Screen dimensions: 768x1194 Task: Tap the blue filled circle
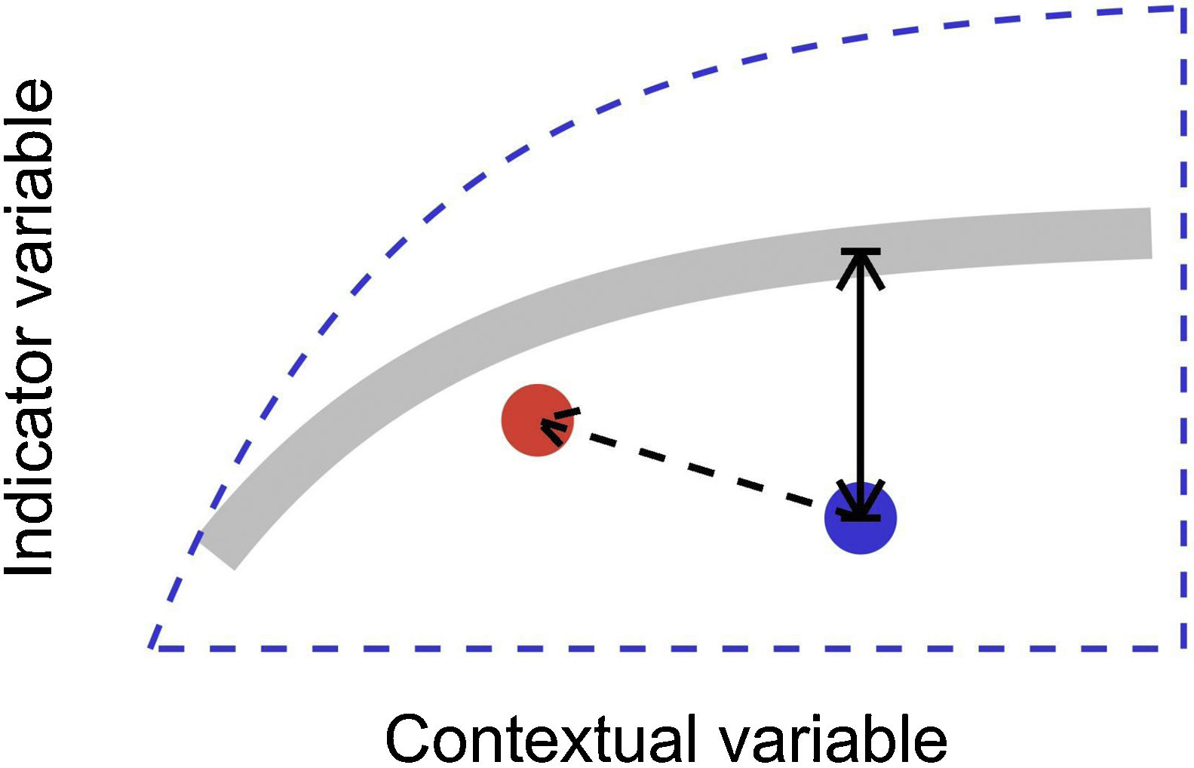click(861, 518)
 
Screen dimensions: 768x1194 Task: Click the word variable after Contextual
click(832, 739)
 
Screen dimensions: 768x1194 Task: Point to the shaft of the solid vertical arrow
click(859, 385)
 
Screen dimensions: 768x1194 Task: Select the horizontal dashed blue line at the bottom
click(664, 648)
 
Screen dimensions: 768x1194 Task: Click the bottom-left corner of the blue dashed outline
click(154, 647)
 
